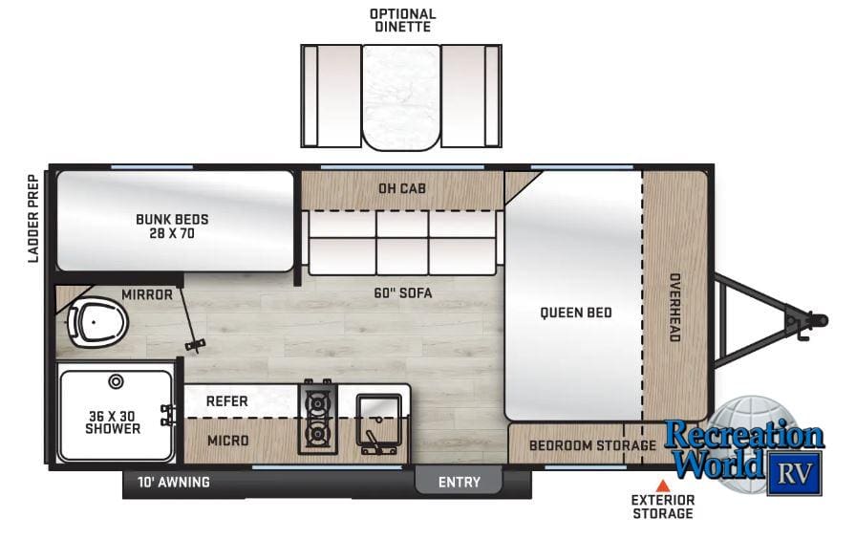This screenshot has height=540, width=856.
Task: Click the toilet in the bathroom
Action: (96, 323)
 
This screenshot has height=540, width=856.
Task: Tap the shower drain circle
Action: (116, 381)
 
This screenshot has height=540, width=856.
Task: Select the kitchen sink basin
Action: (379, 420)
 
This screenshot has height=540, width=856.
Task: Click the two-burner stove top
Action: (317, 418)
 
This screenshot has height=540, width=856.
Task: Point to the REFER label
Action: (226, 401)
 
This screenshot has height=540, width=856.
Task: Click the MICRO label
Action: (227, 440)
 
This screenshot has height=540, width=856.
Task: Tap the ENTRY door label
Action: (460, 482)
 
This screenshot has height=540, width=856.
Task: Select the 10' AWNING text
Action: (174, 482)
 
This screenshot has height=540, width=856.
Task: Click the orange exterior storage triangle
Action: (663, 486)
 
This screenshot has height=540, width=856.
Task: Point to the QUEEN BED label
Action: (576, 313)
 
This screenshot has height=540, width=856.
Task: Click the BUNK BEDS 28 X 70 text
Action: (172, 227)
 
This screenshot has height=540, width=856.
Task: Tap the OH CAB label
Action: (402, 188)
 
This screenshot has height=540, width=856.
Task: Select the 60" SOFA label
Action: (403, 293)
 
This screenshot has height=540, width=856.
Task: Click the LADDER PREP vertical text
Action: (33, 219)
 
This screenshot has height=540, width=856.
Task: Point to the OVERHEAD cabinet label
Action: (674, 308)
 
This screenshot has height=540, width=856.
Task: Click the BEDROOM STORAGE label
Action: (592, 445)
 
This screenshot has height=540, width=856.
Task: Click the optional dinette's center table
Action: (401, 97)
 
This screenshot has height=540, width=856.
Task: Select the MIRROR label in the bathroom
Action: (147, 294)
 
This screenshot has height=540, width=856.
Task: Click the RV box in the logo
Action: (794, 473)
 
